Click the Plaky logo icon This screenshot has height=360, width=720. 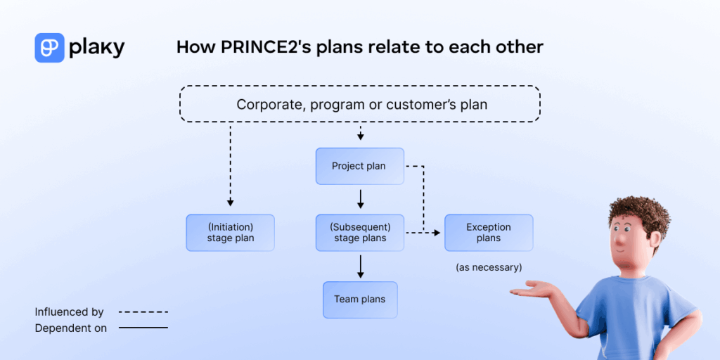point(49,48)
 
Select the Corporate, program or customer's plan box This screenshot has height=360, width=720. point(360,105)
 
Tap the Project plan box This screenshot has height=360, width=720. point(359,167)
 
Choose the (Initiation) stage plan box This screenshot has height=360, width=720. point(230,233)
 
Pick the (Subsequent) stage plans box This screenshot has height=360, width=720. point(359,233)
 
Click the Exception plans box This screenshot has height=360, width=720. point(488,233)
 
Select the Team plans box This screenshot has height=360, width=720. point(359,300)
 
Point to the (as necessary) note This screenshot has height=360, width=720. point(489,268)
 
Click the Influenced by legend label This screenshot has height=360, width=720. point(69,311)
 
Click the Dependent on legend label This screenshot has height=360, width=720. point(71,328)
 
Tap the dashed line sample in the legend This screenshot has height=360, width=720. point(143,311)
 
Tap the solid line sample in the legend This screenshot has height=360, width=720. point(143,328)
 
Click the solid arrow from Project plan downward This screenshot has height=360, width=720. point(360,199)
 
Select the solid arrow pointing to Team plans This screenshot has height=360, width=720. point(360,266)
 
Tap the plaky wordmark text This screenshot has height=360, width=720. point(97,48)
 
